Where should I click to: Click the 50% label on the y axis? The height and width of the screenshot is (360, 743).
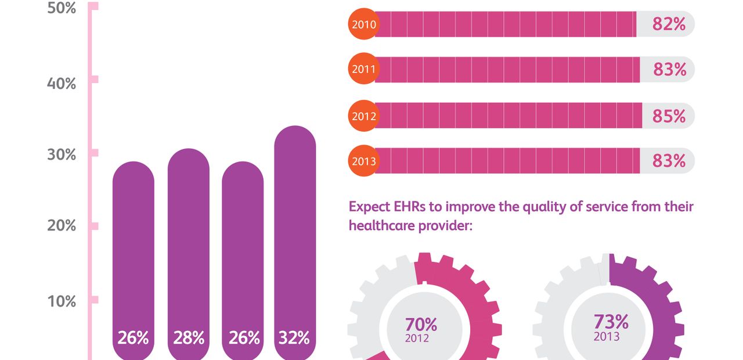61,9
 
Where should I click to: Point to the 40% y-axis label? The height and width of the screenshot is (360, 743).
61,84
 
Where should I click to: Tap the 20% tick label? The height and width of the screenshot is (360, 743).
61,225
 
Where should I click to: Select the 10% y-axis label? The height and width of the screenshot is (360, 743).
61,301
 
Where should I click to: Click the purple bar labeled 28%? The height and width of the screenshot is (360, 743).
189,250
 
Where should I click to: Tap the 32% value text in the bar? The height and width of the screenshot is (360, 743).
295,338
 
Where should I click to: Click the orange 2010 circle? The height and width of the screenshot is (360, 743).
363,24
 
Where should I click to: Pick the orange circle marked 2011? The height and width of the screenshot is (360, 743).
363,70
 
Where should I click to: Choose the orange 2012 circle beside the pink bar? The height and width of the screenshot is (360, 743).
363,116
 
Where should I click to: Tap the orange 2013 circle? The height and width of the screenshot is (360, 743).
363,160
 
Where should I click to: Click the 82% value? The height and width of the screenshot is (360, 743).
669,24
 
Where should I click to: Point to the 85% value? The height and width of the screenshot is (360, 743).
669,116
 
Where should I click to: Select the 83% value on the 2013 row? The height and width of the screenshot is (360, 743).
669,160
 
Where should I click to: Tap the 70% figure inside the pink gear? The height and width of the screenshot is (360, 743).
421,324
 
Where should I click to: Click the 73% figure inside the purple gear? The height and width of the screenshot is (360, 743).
611,322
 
